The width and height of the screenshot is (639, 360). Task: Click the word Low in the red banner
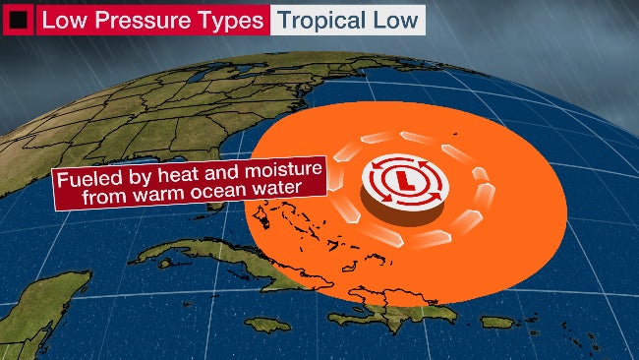coord(66,20)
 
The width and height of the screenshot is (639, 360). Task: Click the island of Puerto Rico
coord(497,323)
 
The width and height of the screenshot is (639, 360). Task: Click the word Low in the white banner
coord(394,20)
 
